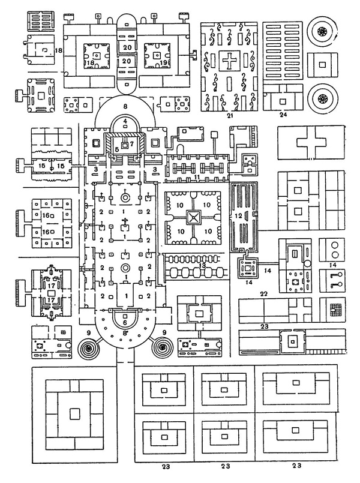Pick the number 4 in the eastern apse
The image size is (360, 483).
124,120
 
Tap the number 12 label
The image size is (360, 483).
238,214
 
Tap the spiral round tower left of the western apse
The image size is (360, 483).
88,346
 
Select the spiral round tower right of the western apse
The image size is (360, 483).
163,346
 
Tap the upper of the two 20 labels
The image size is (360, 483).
126,46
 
